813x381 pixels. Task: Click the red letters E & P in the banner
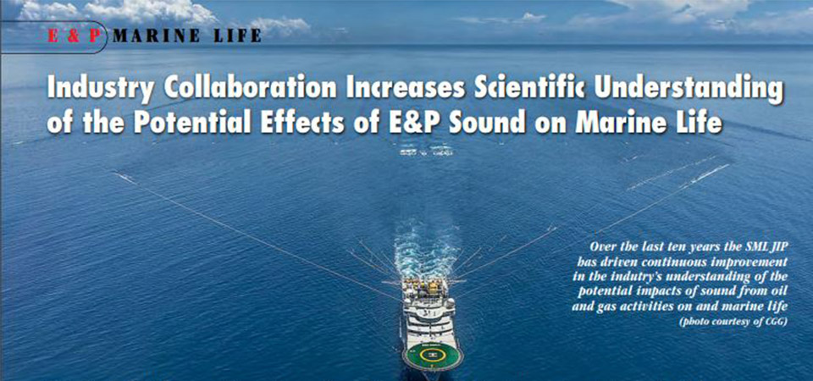coord(73,36)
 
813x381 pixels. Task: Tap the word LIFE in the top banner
coord(236,36)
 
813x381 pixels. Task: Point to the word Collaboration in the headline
coord(251,89)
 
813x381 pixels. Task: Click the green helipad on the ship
coord(431,355)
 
